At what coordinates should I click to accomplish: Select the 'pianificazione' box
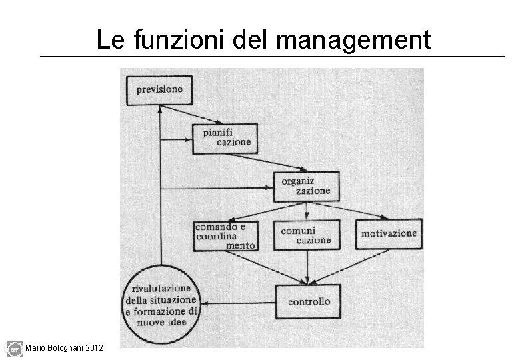[226, 138]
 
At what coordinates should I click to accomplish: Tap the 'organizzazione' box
[306, 186]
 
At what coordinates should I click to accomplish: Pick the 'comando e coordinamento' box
[226, 235]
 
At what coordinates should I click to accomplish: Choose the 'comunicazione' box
[306, 235]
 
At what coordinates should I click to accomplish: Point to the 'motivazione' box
[389, 234]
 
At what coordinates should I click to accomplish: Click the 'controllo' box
[308, 301]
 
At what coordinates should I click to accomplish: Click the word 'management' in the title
[353, 41]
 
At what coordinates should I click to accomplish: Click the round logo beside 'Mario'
[14, 349]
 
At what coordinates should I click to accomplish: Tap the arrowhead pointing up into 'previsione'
[161, 111]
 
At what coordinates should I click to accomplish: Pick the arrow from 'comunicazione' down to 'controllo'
[307, 267]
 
